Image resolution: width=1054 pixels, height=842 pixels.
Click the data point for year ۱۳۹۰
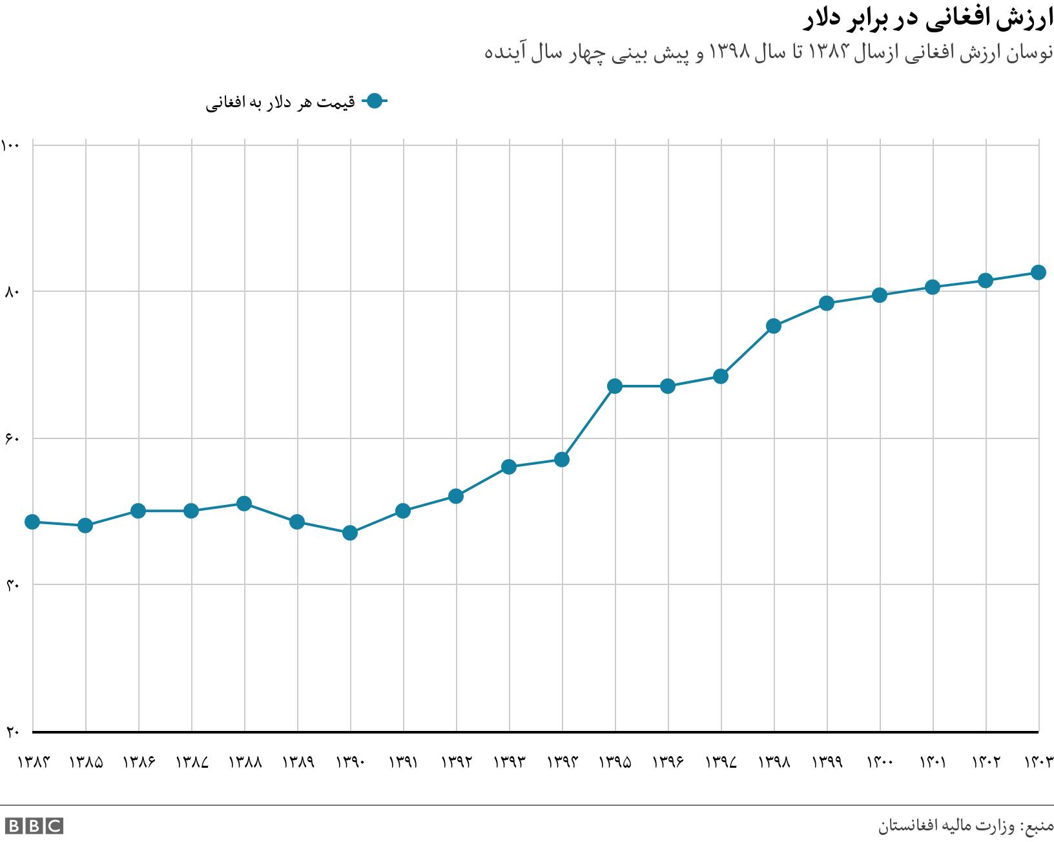(x=350, y=533)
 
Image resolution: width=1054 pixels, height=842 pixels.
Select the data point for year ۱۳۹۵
(x=615, y=386)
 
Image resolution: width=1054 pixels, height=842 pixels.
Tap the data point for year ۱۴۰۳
(x=1038, y=272)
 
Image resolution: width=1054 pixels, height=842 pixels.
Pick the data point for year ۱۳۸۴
(x=32, y=522)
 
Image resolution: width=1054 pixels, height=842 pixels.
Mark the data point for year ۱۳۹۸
(x=774, y=326)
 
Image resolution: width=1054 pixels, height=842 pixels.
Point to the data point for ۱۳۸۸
(x=244, y=504)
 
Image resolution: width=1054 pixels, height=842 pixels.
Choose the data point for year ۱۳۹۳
(x=509, y=467)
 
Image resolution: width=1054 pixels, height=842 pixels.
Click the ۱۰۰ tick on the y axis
(x=12, y=145)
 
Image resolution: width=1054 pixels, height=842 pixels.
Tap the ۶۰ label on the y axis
(x=12, y=438)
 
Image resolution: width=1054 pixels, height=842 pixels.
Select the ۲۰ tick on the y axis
(x=12, y=732)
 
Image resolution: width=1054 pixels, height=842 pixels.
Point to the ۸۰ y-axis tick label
(x=12, y=292)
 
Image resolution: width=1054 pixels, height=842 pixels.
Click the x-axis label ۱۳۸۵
(x=86, y=762)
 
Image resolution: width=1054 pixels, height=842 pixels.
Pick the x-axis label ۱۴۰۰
(x=880, y=762)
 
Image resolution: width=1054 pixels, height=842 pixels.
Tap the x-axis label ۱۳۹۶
(x=668, y=762)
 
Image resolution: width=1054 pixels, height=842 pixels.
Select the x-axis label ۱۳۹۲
(x=456, y=762)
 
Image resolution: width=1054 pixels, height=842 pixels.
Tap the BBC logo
(x=34, y=825)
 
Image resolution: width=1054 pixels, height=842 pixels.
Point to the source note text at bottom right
(x=966, y=826)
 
